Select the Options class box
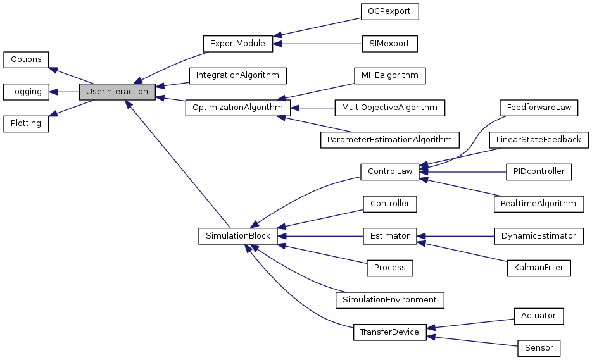click(26, 59)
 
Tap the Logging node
click(26, 92)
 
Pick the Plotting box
click(26, 123)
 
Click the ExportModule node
click(237, 44)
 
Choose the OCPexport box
click(389, 11)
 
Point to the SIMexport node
click(389, 44)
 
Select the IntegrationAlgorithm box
click(237, 75)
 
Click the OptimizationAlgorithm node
click(237, 108)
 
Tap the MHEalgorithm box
click(389, 75)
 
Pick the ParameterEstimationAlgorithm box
click(389, 139)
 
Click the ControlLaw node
click(389, 171)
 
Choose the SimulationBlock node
click(237, 236)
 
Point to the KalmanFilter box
click(539, 268)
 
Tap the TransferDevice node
click(389, 332)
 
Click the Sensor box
click(539, 347)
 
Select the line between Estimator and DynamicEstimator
click(456, 236)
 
